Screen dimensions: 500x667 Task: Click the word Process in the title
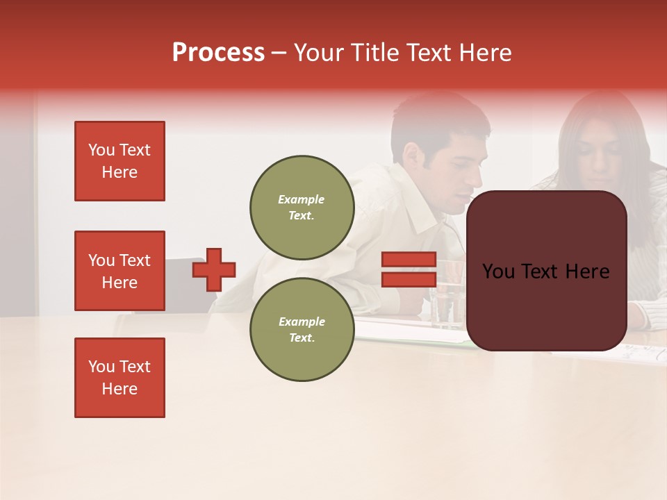click(x=218, y=53)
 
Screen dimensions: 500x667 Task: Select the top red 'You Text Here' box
click(x=120, y=161)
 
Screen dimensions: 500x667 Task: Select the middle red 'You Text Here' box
click(x=120, y=271)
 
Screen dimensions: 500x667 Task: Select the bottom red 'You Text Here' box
click(x=120, y=378)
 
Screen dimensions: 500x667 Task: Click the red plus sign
click(x=214, y=269)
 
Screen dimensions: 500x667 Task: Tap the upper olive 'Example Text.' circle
click(x=302, y=207)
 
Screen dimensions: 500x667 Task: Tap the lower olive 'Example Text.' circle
click(x=302, y=329)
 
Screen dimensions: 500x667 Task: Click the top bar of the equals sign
click(x=409, y=260)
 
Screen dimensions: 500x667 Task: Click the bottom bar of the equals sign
click(x=409, y=279)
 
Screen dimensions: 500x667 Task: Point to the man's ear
click(x=413, y=160)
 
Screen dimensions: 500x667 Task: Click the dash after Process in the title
click(x=279, y=53)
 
